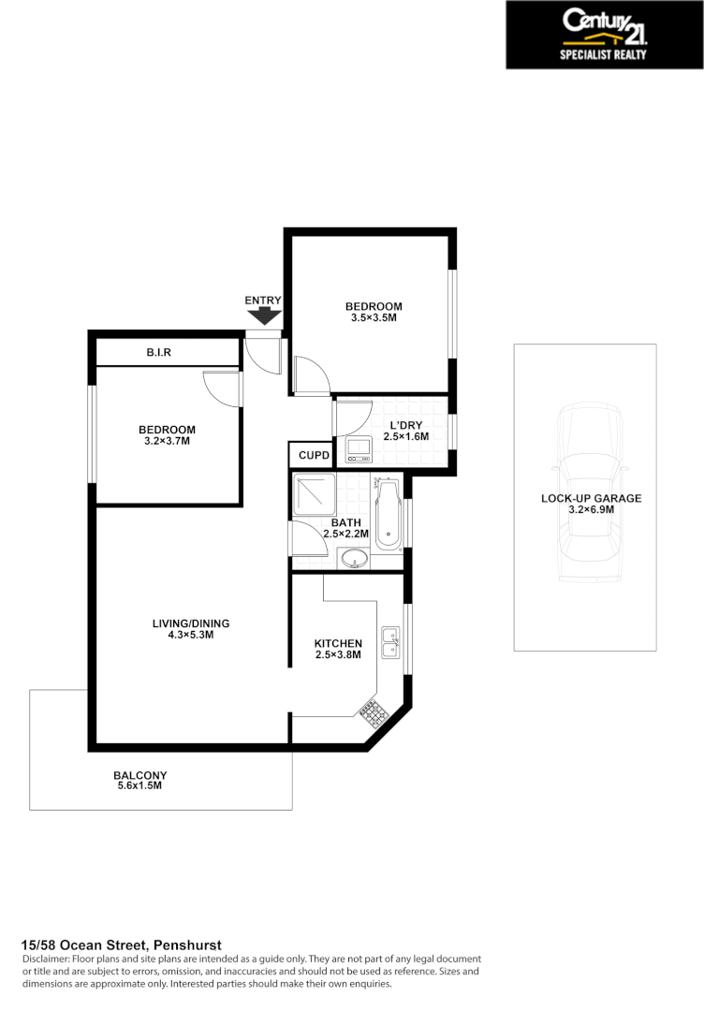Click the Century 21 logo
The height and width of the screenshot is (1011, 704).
(604, 35)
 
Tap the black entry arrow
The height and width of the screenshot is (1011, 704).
(263, 316)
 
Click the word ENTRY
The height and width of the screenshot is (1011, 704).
(263, 300)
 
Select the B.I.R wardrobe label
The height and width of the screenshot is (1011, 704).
(158, 353)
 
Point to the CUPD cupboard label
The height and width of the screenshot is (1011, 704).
(313, 455)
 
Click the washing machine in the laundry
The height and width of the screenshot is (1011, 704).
(359, 449)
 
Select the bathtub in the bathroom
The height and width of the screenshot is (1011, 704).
(388, 514)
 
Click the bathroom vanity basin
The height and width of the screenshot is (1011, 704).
(354, 559)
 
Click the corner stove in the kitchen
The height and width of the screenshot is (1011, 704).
(375, 715)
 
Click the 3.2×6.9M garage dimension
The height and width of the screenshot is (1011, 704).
(591, 510)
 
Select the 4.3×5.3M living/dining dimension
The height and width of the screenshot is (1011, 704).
(191, 635)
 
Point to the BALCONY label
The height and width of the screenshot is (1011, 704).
(139, 775)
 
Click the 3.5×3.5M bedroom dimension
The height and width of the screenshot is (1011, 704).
(374, 318)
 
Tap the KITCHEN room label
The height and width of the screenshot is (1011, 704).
(338, 643)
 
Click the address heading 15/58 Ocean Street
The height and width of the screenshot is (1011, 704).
(121, 945)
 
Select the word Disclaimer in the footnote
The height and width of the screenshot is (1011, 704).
(45, 960)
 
